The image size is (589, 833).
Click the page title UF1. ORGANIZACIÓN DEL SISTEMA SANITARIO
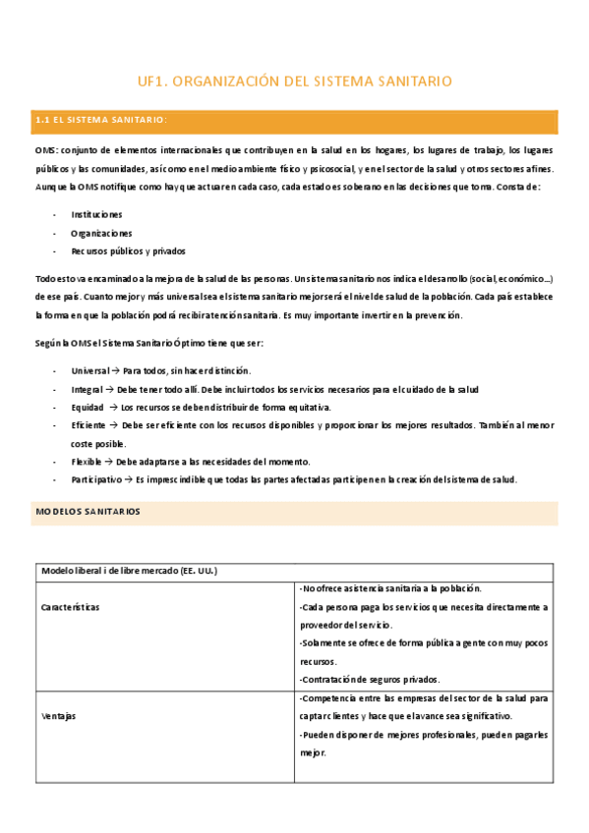point(294,82)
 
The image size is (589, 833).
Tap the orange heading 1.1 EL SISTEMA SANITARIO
point(101,120)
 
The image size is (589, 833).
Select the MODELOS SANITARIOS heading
point(88,512)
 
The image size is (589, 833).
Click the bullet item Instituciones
point(96,213)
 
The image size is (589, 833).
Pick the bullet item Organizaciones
point(100,233)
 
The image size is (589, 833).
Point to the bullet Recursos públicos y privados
point(128,251)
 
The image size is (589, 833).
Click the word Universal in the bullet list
point(90,371)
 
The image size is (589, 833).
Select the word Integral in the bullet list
point(88,390)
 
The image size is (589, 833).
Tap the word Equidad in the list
point(88,407)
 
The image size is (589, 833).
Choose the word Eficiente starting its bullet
point(89,425)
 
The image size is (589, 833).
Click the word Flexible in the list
point(87,462)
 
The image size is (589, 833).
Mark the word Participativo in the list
point(96,479)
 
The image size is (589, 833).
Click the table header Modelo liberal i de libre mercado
point(129,571)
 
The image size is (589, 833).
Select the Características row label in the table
point(71,607)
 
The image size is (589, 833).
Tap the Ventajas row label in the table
point(58,716)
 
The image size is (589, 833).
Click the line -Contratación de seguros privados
point(370,679)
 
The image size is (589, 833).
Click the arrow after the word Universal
point(116,371)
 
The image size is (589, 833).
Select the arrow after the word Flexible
point(108,462)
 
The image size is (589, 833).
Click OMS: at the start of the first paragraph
point(46,150)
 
